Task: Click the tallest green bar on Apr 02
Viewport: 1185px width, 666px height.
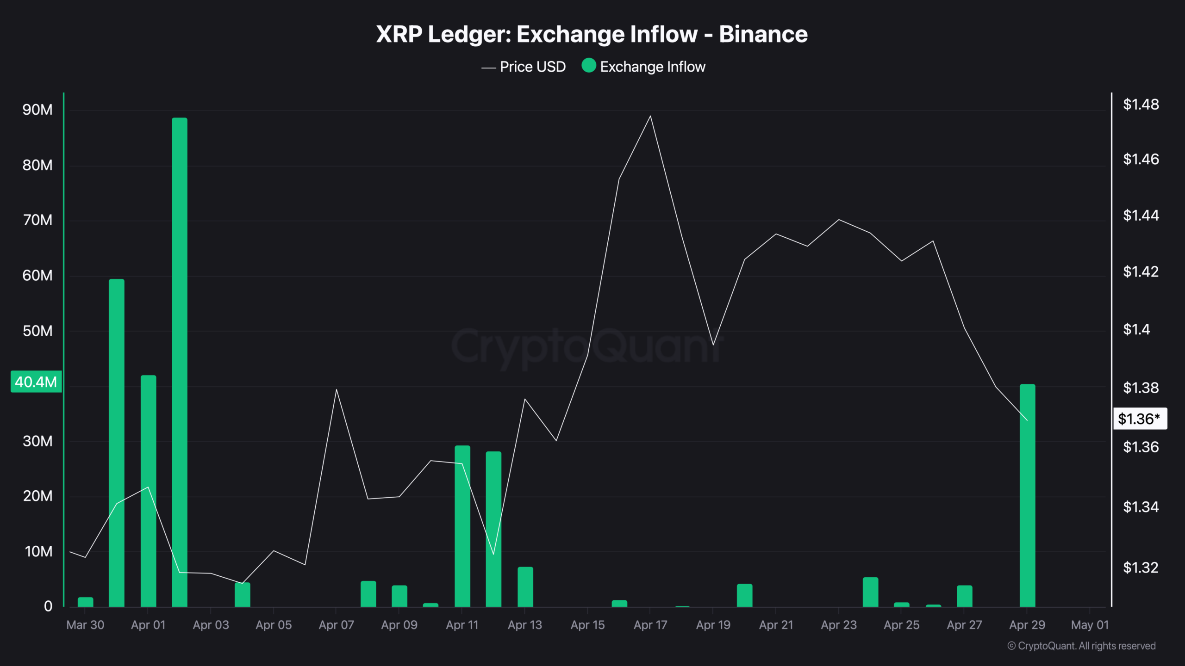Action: click(x=180, y=361)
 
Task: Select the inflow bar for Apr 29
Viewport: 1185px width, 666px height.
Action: click(x=1027, y=495)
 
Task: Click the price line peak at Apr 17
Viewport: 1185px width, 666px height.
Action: click(x=650, y=116)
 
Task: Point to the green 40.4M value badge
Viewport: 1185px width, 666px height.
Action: click(x=36, y=382)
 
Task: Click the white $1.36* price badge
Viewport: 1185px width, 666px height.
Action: click(x=1139, y=419)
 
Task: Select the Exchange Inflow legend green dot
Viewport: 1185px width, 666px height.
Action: click(x=588, y=66)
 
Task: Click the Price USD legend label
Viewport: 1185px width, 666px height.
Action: click(x=533, y=67)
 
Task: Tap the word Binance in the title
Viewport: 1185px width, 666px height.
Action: click(x=763, y=34)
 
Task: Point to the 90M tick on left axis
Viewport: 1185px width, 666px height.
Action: click(x=37, y=110)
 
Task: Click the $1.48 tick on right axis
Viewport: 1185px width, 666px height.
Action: click(x=1141, y=105)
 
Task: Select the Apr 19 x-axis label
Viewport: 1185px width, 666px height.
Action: click(x=713, y=625)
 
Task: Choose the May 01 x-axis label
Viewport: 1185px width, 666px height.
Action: click(x=1090, y=625)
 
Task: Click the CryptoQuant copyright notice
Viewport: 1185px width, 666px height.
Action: click(x=1081, y=646)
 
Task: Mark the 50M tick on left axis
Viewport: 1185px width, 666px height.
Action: click(x=37, y=331)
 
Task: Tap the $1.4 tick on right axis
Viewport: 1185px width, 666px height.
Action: click(x=1136, y=329)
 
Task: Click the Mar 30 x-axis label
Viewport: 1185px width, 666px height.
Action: click(x=85, y=625)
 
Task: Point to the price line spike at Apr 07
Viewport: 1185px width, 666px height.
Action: click(x=337, y=389)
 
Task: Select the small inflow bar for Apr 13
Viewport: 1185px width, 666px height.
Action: click(x=525, y=586)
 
